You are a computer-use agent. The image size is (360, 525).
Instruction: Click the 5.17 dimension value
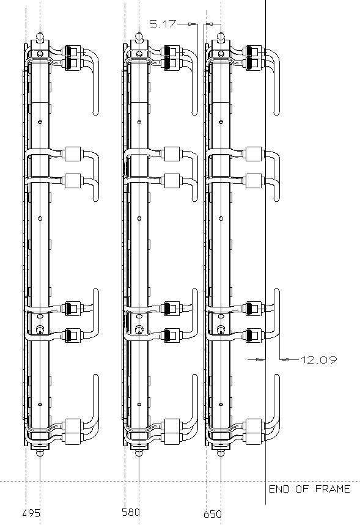163,24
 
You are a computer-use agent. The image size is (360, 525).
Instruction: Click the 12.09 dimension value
318,360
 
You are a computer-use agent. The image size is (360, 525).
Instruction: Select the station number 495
31,513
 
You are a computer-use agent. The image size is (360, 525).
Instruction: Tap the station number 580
131,512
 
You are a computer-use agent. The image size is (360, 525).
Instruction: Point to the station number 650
212,514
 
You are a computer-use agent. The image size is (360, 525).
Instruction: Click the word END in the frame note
279,489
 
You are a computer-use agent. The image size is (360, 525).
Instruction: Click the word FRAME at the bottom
332,489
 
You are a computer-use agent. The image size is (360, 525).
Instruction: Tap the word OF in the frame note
302,489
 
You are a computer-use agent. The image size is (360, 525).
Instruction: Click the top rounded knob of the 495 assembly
40,37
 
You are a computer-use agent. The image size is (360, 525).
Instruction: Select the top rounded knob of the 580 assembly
139,37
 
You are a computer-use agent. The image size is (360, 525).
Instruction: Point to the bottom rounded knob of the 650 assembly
221,453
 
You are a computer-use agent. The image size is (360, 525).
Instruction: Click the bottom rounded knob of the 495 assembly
40,453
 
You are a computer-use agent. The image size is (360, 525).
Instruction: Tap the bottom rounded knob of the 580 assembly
139,453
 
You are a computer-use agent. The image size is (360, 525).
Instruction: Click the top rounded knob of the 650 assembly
221,37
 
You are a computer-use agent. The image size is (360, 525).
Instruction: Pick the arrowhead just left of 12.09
285,359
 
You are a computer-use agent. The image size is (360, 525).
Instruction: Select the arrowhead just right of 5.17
191,24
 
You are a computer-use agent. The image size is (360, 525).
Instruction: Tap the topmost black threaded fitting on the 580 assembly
169,51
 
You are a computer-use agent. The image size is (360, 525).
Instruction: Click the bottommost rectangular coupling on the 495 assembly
73,439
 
